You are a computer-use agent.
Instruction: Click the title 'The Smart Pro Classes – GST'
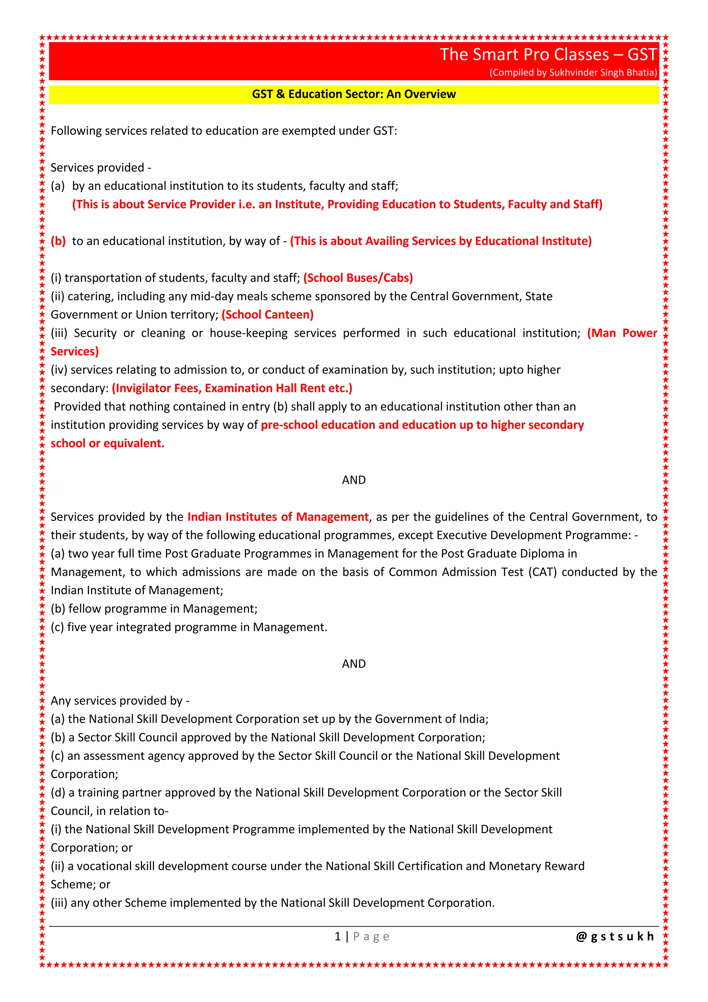coord(548,55)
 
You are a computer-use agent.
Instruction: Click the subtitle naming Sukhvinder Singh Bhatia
coord(573,72)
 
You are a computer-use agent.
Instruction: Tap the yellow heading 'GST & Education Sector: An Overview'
coord(354,94)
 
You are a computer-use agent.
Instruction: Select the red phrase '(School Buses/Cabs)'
coord(358,278)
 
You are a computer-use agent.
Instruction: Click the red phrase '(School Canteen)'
coord(267,315)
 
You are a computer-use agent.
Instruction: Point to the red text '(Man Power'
coord(622,333)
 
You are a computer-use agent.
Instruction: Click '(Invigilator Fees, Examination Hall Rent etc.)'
coord(232,388)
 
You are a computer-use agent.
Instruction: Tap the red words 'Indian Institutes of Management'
coord(278,517)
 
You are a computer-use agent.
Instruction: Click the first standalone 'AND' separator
coord(354,480)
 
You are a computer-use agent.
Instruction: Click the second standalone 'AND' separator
coord(354,664)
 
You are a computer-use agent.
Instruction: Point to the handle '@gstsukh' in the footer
coord(615,937)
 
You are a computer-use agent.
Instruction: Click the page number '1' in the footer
coord(337,937)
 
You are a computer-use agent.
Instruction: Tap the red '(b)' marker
coord(58,242)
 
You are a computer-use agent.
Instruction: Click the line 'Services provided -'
coord(101,167)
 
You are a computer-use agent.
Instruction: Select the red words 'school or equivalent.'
coord(107,444)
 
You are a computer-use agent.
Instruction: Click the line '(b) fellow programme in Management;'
coord(154,609)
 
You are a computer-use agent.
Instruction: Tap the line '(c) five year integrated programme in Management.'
coord(189,627)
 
